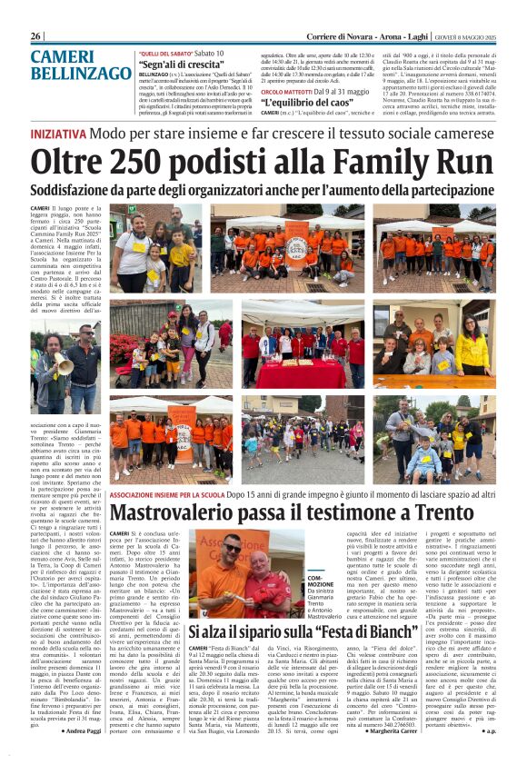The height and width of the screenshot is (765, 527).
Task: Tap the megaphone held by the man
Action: coord(65,365)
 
